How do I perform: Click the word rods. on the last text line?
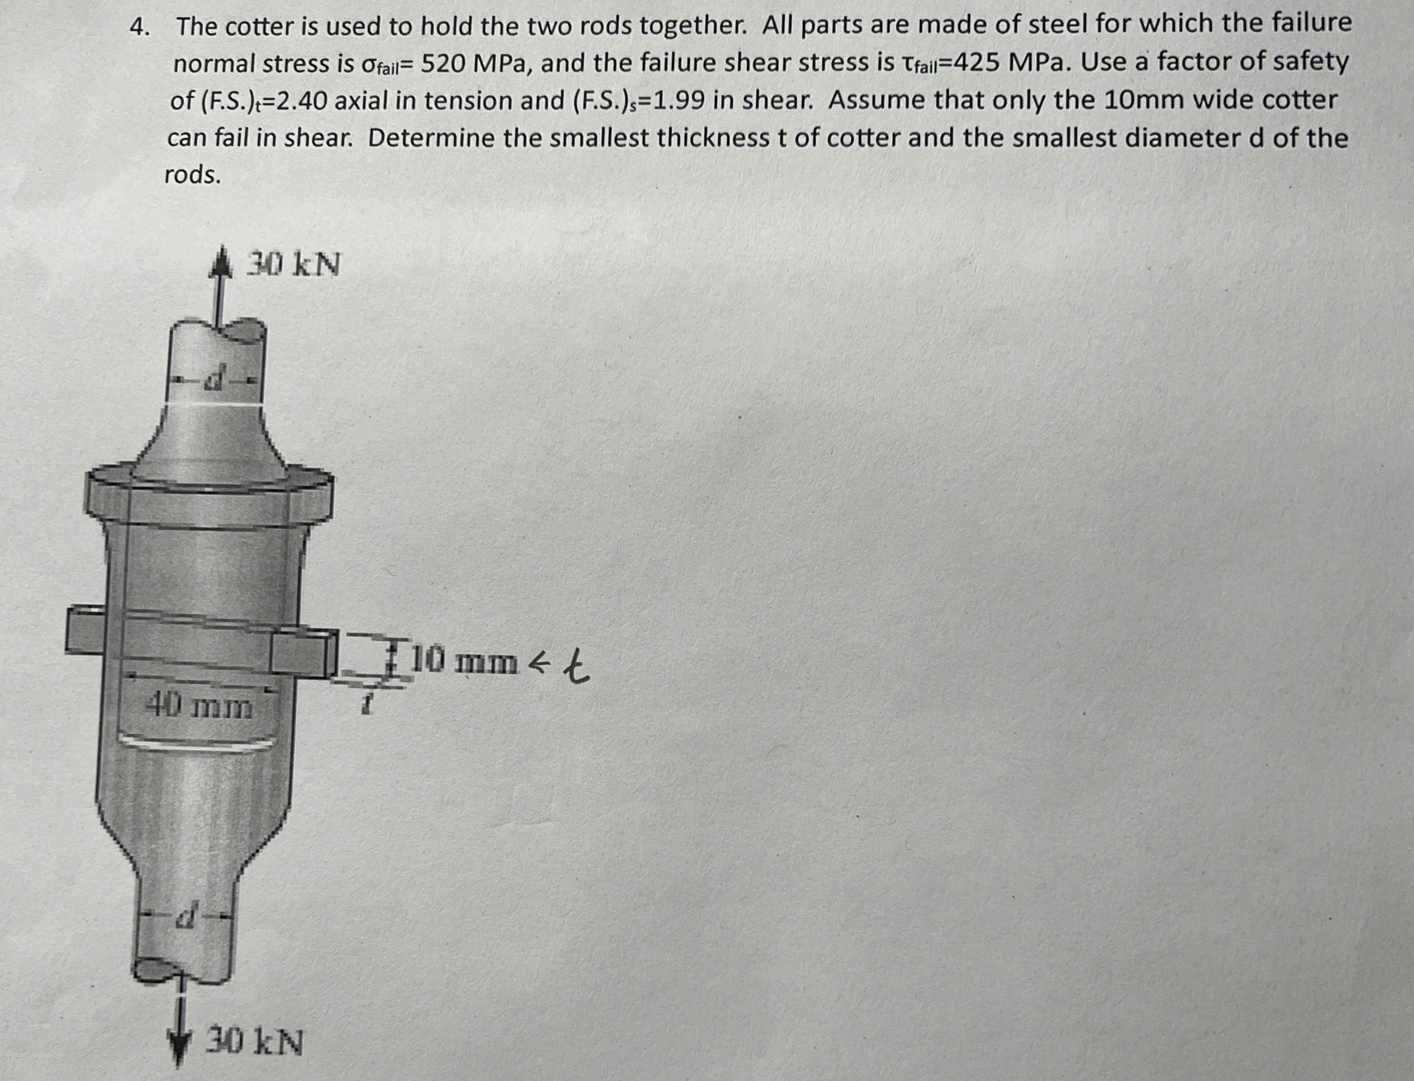click(x=193, y=175)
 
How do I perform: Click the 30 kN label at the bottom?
click(x=254, y=1042)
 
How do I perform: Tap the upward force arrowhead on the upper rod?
click(x=220, y=267)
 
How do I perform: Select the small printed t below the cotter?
click(x=367, y=707)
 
